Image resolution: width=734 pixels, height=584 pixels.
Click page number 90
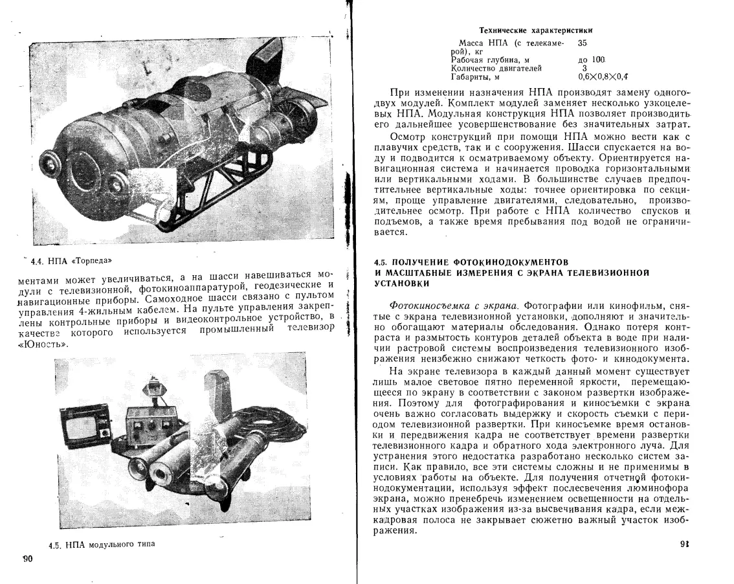[x=27, y=559]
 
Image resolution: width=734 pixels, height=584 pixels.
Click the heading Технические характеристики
[x=535, y=30]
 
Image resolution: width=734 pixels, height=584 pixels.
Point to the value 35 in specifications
[x=582, y=42]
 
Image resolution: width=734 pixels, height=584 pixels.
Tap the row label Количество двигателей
[x=496, y=67]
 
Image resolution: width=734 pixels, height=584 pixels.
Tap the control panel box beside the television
[x=150, y=427]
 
